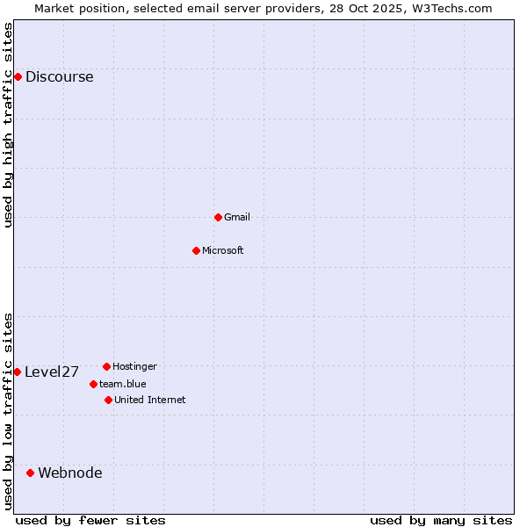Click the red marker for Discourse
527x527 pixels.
(18, 76)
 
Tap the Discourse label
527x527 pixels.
(59, 76)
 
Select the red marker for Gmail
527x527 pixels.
(218, 217)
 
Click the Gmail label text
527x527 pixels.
(237, 217)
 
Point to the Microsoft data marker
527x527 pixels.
(196, 250)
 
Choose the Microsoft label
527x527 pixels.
(223, 250)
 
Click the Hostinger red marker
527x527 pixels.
(106, 366)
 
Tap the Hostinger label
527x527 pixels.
(134, 366)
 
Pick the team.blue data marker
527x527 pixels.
(93, 384)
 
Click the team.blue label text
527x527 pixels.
(123, 384)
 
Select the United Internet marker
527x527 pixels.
(108, 400)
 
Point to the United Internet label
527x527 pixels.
(150, 400)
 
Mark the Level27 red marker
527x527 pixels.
(17, 372)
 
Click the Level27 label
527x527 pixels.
(52, 372)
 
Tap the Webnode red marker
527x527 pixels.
(30, 473)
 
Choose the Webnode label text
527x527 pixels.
(70, 473)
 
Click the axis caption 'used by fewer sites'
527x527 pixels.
(90, 520)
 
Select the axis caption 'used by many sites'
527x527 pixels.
(441, 520)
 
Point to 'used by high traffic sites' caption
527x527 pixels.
(9, 125)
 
